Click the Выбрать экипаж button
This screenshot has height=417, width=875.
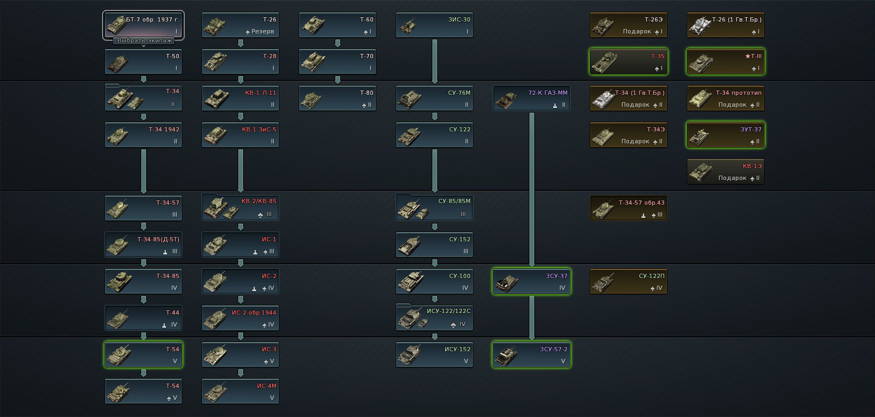[x=144, y=40]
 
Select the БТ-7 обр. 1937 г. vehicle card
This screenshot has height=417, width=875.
[x=143, y=24]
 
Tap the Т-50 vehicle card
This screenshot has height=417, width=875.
[x=143, y=62]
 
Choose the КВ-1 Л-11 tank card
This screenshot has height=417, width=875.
[x=240, y=99]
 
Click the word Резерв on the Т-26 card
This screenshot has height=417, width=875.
[x=263, y=32]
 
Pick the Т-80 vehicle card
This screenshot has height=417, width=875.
[x=337, y=99]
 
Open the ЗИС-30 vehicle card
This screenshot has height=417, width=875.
[x=435, y=25]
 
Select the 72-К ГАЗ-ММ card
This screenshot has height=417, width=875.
[x=532, y=99]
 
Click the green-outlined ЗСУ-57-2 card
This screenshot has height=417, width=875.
[x=532, y=355]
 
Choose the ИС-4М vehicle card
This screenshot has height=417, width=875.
[x=240, y=392]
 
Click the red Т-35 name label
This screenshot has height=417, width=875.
[x=658, y=56]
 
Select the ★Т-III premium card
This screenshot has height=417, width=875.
[x=726, y=62]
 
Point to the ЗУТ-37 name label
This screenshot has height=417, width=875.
[x=751, y=129]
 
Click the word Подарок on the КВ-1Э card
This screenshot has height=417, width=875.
[x=732, y=178]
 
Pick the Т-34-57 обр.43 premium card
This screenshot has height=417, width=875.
[x=629, y=208]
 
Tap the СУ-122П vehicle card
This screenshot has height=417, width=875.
[x=629, y=282]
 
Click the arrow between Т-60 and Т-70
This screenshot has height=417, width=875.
[x=337, y=43]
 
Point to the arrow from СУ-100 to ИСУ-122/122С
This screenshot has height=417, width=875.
[x=435, y=299]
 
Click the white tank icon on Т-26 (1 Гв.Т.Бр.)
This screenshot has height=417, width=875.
[x=699, y=25]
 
